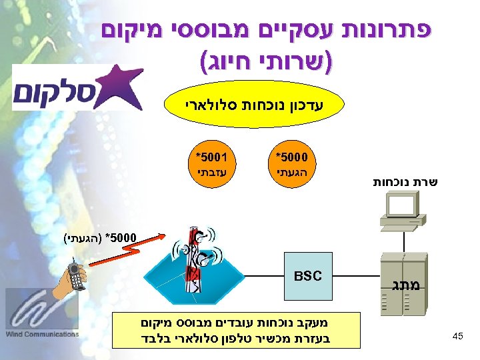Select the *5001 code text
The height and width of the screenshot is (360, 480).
click(212, 158)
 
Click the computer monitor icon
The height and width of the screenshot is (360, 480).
click(400, 209)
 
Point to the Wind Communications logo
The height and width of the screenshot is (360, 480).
click(41, 313)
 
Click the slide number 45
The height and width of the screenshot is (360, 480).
click(457, 336)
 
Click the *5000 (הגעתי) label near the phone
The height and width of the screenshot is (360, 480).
click(100, 237)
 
